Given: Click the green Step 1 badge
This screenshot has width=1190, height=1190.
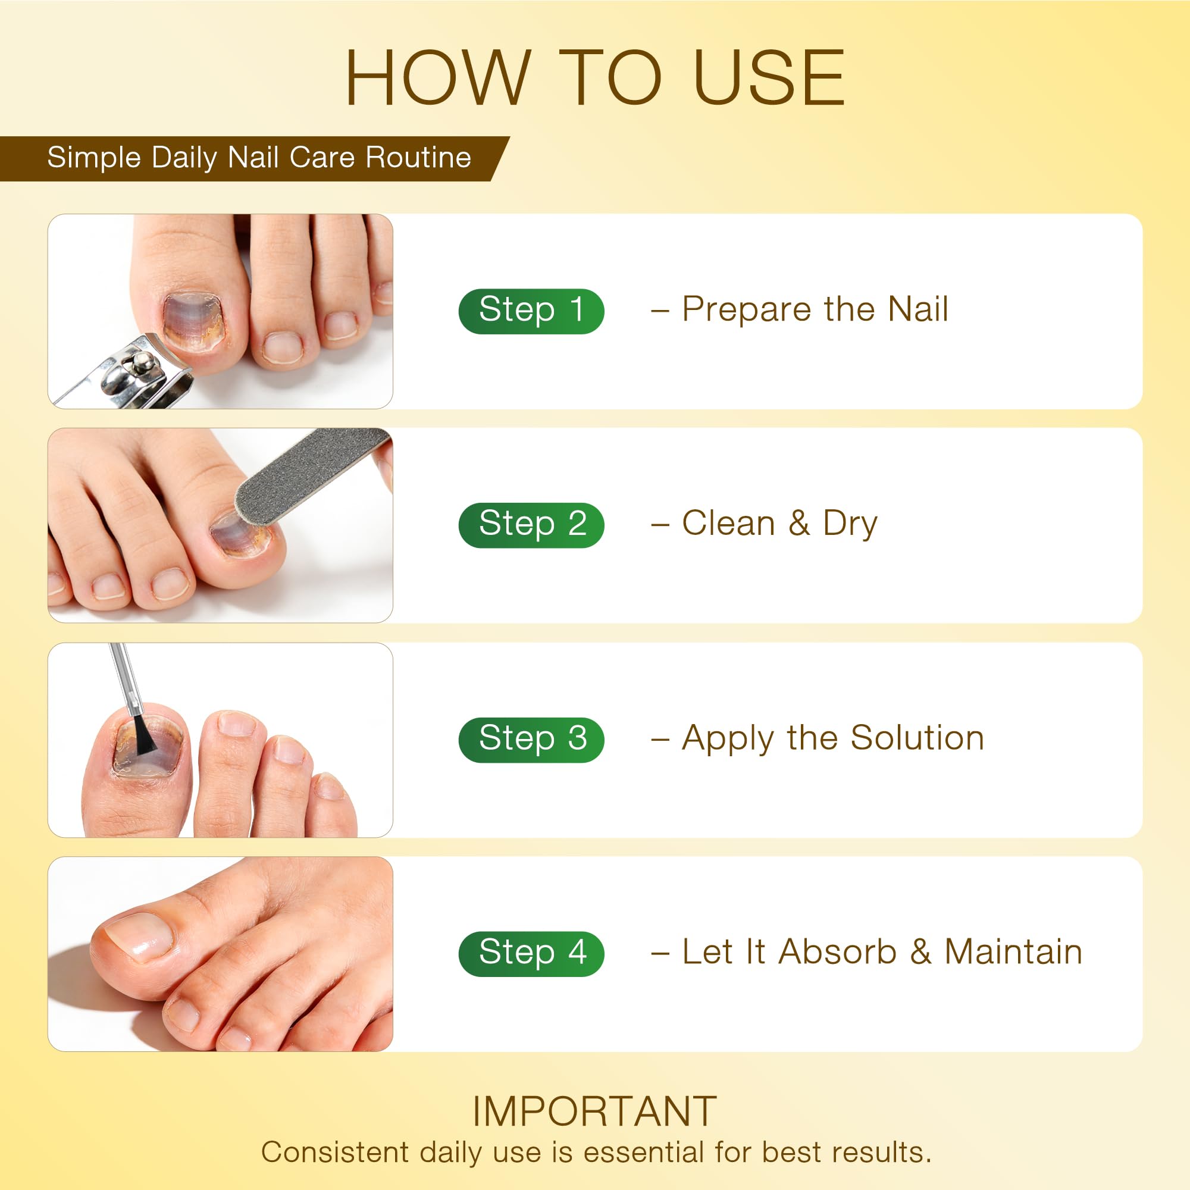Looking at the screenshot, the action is click(x=531, y=311).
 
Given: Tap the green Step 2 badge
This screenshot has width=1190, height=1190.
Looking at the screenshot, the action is click(x=531, y=525).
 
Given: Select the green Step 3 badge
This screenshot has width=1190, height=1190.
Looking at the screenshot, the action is click(x=531, y=739).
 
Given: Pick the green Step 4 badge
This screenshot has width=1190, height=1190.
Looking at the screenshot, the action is click(x=531, y=953).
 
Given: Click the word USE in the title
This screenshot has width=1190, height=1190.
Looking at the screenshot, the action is click(x=769, y=78).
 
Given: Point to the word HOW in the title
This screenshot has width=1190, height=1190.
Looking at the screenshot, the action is click(x=438, y=78).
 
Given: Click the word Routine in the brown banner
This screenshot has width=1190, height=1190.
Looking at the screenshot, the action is click(x=418, y=158).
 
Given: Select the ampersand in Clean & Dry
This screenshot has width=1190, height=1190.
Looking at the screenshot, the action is click(x=799, y=523).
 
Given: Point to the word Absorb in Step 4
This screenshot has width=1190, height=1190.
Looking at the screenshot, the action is click(x=838, y=951).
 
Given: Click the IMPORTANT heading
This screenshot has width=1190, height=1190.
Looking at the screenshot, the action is click(x=595, y=1112).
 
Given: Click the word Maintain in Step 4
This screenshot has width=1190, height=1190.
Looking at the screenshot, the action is click(x=1013, y=951).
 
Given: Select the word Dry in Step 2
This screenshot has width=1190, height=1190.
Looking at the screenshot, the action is click(x=850, y=524).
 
